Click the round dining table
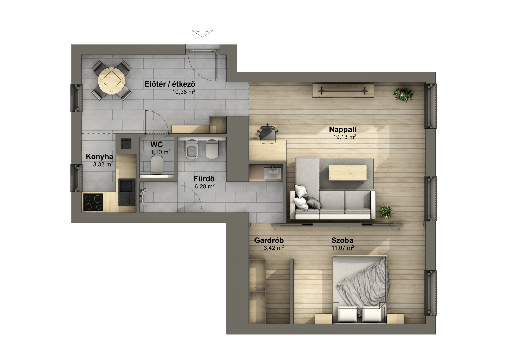(112, 80)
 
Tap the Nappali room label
(342, 130)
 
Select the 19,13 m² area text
(344, 137)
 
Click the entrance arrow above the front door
(202, 33)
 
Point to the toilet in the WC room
(157, 164)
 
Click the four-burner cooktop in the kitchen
(93, 202)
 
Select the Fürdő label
(204, 178)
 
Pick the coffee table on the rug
(348, 173)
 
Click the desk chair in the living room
(267, 134)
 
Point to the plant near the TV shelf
(403, 95)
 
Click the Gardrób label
(269, 240)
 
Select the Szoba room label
(342, 240)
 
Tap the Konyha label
(99, 157)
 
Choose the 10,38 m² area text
(184, 92)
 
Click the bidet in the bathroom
(212, 149)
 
